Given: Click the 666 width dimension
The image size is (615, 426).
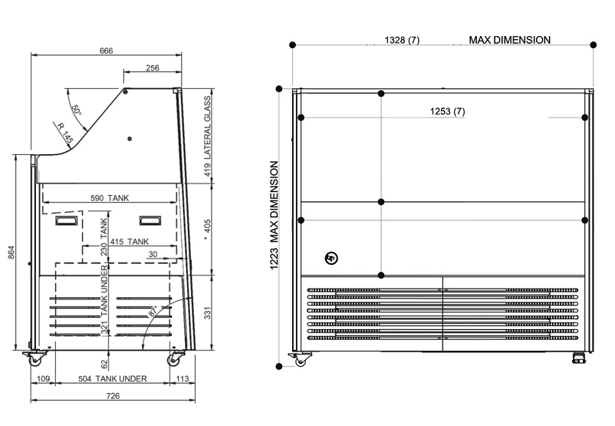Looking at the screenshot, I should click(106, 51).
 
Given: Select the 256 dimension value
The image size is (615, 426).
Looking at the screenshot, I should click(152, 68).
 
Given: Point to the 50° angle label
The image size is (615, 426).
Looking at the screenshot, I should click(77, 110).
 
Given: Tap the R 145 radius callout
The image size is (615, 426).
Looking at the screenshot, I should click(64, 133).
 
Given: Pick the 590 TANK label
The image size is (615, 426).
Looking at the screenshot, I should click(110, 198).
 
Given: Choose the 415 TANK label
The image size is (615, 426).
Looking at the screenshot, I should click(129, 241).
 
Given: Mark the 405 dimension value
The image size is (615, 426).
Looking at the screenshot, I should click(207, 226).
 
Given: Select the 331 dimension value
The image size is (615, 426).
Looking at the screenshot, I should click(207, 312).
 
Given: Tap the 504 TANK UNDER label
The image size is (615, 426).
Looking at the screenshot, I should click(113, 378).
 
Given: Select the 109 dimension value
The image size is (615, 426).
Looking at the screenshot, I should click(44, 378).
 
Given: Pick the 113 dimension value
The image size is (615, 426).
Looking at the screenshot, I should click(183, 378).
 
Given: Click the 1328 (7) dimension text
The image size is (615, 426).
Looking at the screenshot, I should click(403, 40).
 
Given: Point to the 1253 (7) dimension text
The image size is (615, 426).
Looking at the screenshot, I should click(448, 111).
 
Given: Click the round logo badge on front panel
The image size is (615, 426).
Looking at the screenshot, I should click(331, 259).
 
